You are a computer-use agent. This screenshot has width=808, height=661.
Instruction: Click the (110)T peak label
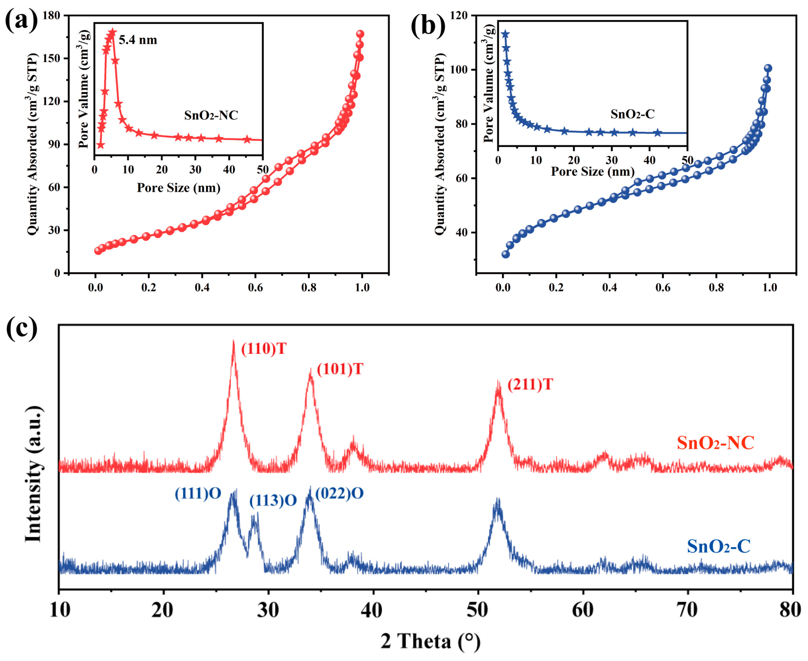263,349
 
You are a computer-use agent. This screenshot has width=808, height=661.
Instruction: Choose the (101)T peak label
340,369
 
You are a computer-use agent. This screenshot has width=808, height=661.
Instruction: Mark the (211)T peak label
530,384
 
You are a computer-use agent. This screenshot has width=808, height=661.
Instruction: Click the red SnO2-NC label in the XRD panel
715,443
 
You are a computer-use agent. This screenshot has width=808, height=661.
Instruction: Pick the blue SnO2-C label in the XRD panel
718,546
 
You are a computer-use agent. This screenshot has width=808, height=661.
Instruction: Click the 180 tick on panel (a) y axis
51,16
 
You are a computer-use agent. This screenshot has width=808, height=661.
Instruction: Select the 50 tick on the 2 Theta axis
477,610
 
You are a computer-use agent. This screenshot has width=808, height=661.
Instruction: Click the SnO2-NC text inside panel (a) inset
211,115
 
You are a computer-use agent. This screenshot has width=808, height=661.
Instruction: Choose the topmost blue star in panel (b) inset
505,34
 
